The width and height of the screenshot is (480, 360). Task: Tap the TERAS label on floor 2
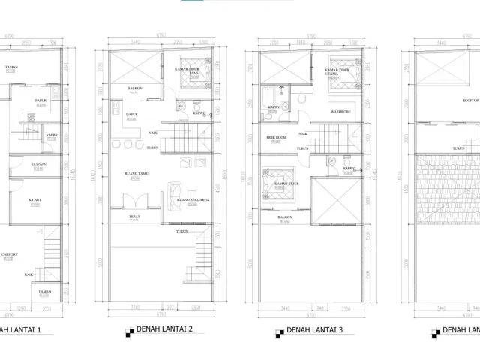click(134, 218)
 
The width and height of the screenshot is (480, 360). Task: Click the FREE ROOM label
click(277, 139)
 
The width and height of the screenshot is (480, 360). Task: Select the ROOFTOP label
click(470, 98)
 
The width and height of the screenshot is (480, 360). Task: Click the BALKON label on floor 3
click(285, 218)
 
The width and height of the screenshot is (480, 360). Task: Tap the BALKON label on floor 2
click(135, 87)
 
